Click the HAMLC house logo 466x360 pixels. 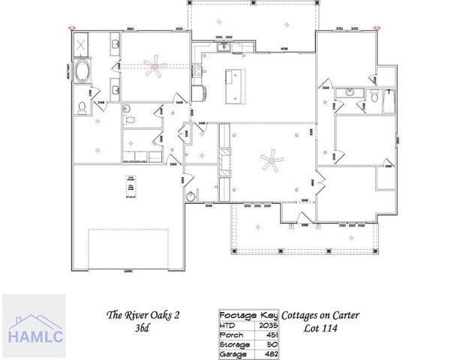click(33, 323)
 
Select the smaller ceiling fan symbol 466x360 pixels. click(156, 68)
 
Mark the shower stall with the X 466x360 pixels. click(81, 46)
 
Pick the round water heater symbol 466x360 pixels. click(192, 196)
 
